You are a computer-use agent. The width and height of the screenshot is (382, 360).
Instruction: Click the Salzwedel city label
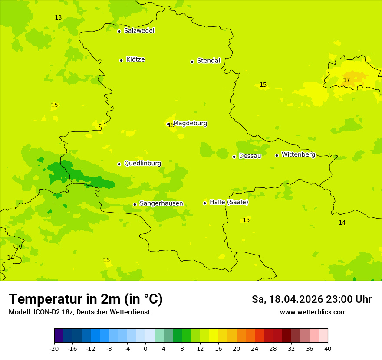[x=139, y=31]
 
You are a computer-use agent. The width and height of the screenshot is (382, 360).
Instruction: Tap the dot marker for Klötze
[x=121, y=60]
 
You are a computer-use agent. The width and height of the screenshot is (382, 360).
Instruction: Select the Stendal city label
[x=208, y=61]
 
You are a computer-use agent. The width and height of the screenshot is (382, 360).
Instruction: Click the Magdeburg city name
[x=190, y=123]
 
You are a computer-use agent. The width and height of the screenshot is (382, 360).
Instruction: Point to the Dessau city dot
[x=234, y=157]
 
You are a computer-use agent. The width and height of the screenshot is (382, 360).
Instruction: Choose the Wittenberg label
[x=298, y=154]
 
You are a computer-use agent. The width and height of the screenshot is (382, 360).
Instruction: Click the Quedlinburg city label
[x=142, y=164]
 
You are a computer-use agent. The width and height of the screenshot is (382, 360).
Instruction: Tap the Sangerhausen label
[x=161, y=203]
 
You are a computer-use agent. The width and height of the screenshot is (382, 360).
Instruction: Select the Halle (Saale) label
[x=229, y=202]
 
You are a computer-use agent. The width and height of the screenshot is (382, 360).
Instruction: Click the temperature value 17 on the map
[x=346, y=80]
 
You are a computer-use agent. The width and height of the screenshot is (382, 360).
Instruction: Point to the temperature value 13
[x=58, y=17]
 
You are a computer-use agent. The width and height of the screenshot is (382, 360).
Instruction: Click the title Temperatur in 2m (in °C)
[x=86, y=299]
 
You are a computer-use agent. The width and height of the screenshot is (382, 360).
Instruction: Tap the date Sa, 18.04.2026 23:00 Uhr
[x=311, y=299]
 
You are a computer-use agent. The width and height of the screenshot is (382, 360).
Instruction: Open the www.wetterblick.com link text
[x=313, y=312]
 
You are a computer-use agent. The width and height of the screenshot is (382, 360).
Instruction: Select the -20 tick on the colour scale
[x=54, y=348]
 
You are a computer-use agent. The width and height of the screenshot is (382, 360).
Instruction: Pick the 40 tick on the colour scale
[x=328, y=348]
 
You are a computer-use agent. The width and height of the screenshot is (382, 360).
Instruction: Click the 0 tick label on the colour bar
[x=145, y=348]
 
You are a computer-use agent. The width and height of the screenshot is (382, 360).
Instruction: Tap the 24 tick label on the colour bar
[x=255, y=348]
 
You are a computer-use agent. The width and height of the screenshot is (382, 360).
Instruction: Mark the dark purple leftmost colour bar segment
[x=59, y=336]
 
